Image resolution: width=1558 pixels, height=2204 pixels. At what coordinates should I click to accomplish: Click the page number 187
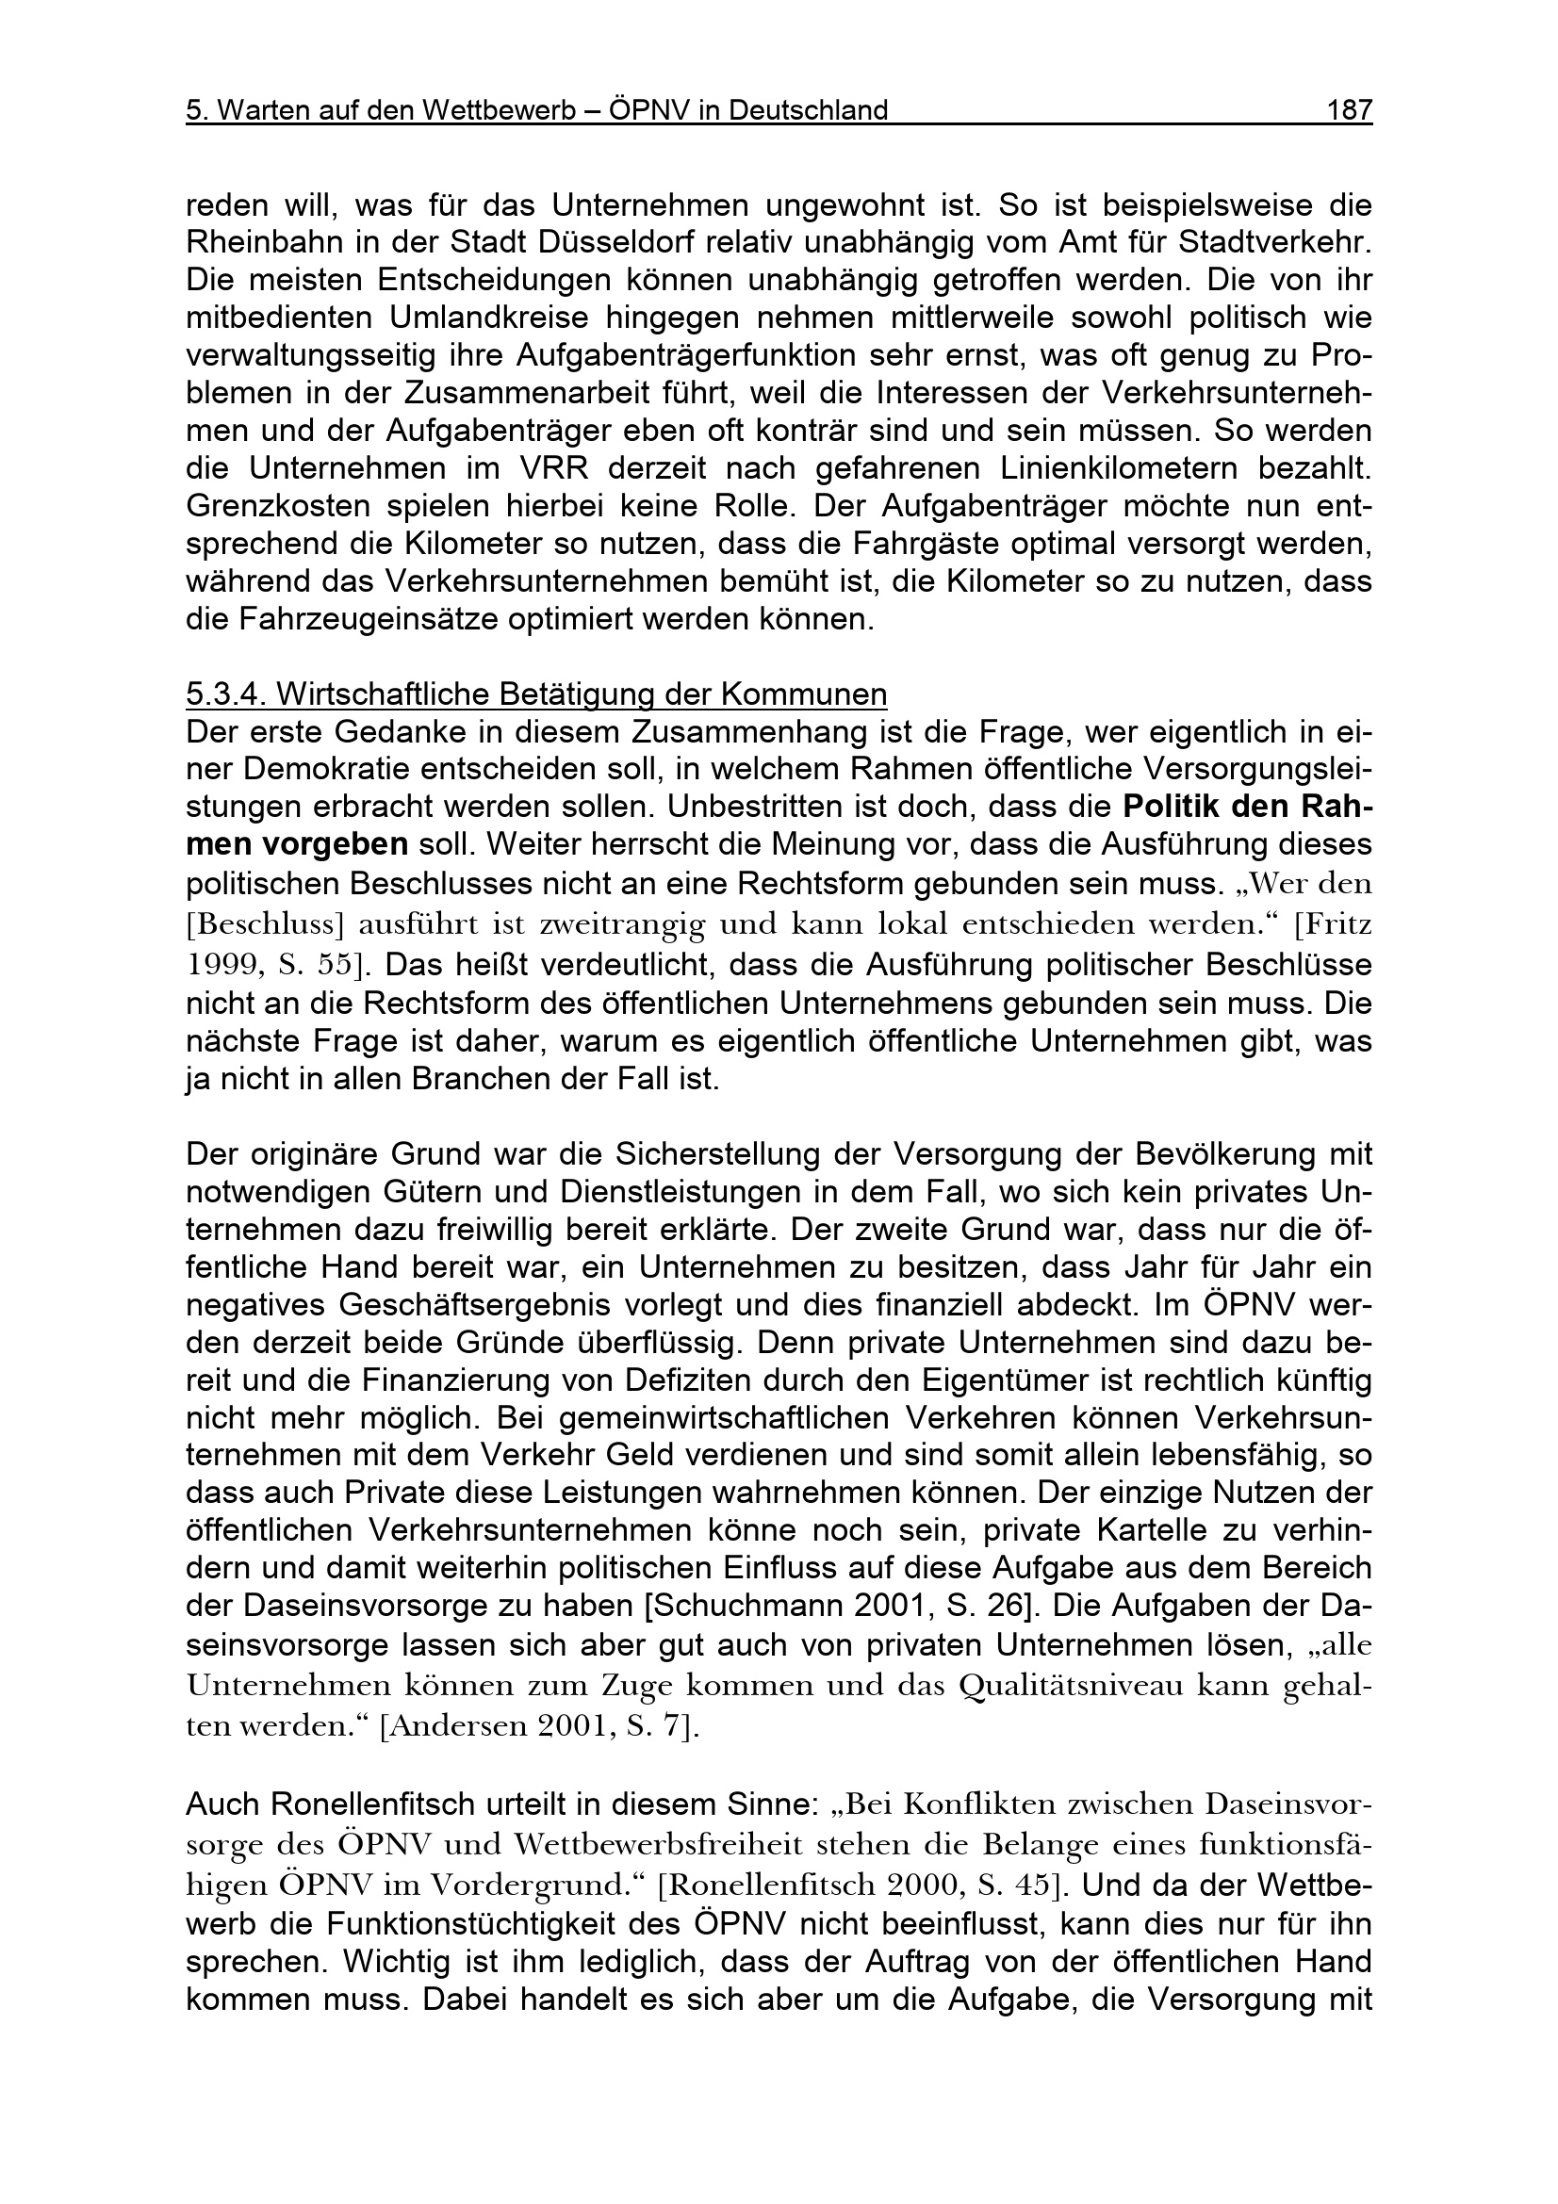1349,111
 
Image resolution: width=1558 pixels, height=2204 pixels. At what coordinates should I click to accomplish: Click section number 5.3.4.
221,694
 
